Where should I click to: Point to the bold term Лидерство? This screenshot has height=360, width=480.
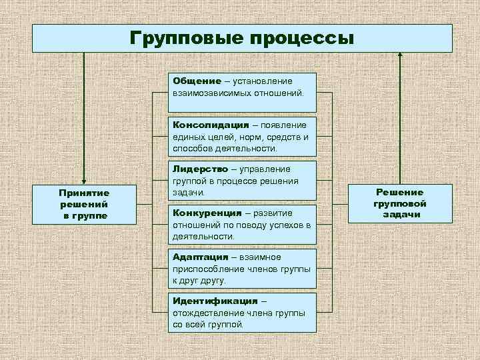click(x=198, y=169)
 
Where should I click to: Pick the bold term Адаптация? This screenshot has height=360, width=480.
click(x=198, y=257)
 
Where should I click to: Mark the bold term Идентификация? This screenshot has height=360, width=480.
click(x=215, y=301)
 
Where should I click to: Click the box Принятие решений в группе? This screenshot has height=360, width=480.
click(x=84, y=204)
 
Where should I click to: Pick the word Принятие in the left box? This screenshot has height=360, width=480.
click(x=84, y=193)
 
